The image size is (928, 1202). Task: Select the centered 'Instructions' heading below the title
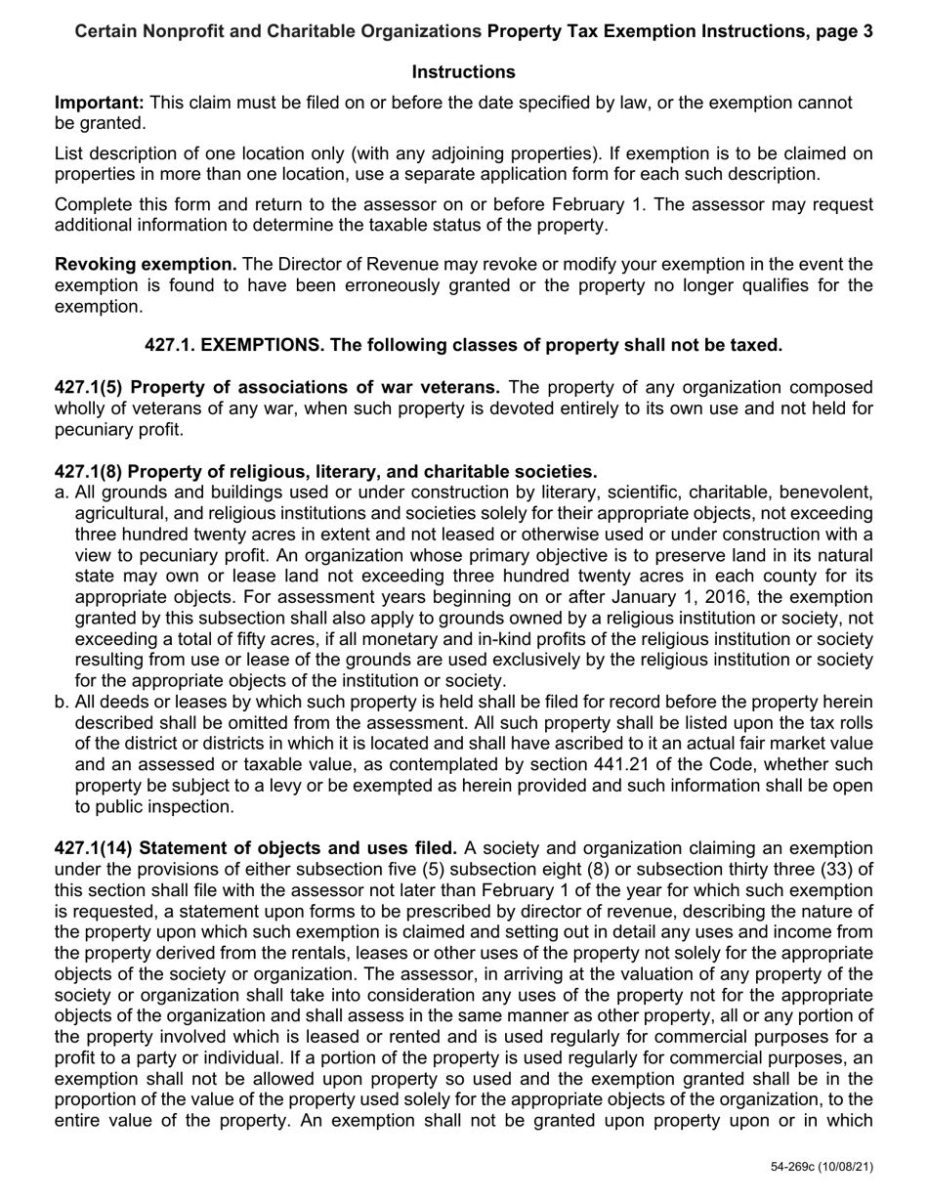point(463,72)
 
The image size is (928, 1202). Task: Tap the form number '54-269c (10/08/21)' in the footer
point(822,1167)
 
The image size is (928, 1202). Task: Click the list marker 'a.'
point(62,493)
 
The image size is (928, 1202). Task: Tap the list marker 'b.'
point(62,703)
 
